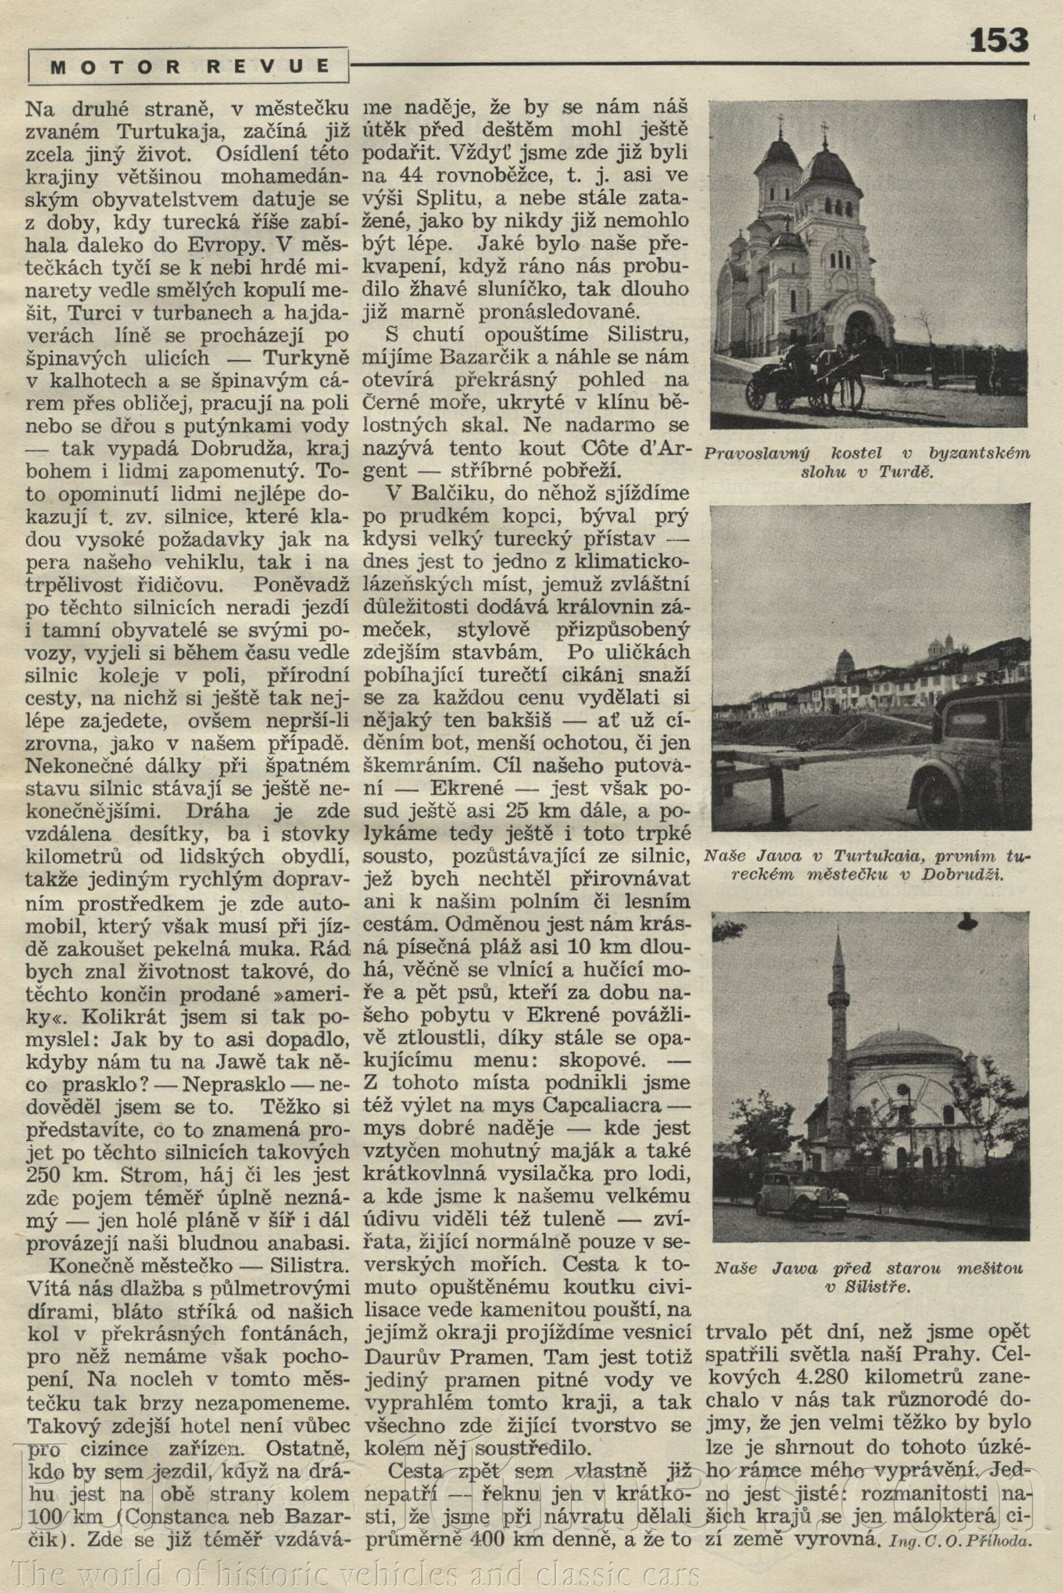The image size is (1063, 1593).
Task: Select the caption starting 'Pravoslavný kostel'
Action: [867, 461]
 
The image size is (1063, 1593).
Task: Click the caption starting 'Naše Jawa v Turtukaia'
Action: [867, 864]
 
